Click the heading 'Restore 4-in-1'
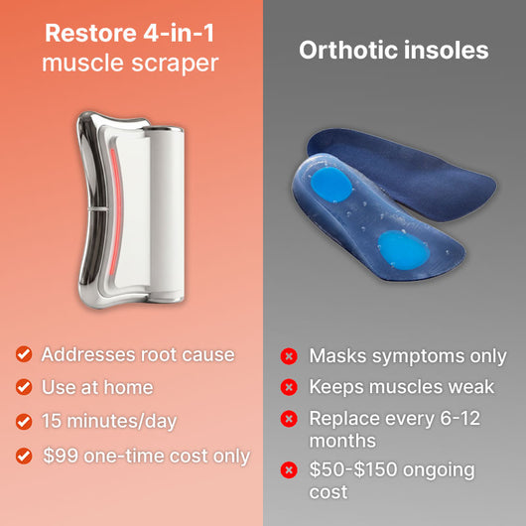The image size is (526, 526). tap(131, 33)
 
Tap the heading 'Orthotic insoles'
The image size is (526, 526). tap(394, 49)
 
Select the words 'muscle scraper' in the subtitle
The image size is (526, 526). tap(131, 65)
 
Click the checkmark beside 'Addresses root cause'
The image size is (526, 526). tap(24, 354)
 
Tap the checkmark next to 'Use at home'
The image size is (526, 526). tap(24, 387)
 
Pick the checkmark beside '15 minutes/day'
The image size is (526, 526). tap(24, 421)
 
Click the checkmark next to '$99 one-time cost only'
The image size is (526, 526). tap(24, 457)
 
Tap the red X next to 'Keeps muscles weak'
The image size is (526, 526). tap(289, 387)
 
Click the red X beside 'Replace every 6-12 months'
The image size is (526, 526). tap(289, 418)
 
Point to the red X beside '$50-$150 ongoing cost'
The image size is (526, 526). tap(289, 469)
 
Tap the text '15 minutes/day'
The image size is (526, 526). tap(108, 421)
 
